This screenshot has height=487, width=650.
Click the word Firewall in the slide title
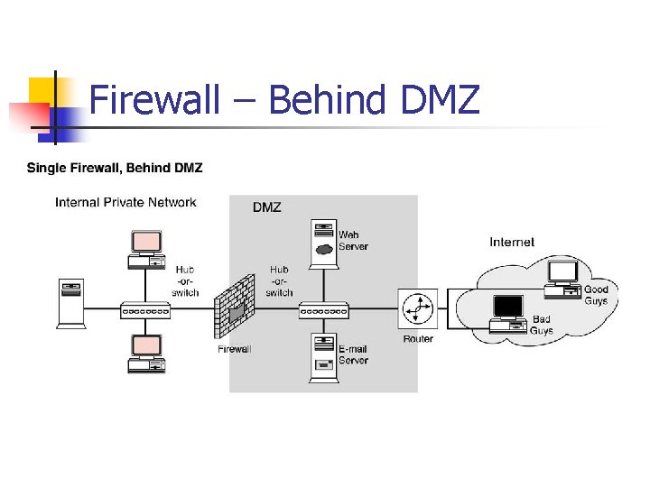pos(154,99)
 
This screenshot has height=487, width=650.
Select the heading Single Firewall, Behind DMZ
pos(115,168)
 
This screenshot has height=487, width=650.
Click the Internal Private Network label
pos(125,202)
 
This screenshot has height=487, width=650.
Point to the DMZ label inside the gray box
pos(266,207)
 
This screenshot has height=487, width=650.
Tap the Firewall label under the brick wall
pos(235,349)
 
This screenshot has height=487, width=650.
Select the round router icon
pos(418,309)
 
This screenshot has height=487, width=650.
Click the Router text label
pos(418,339)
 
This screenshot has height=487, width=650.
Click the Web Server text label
pos(353,241)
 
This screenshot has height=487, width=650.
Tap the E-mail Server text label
pos(353,354)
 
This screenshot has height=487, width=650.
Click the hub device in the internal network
pos(145,310)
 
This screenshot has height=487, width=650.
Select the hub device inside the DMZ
pos(324,310)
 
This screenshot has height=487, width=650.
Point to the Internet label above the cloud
pos(512,242)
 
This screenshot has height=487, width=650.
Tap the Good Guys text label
pos(596,295)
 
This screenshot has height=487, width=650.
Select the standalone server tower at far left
pos(70,303)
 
